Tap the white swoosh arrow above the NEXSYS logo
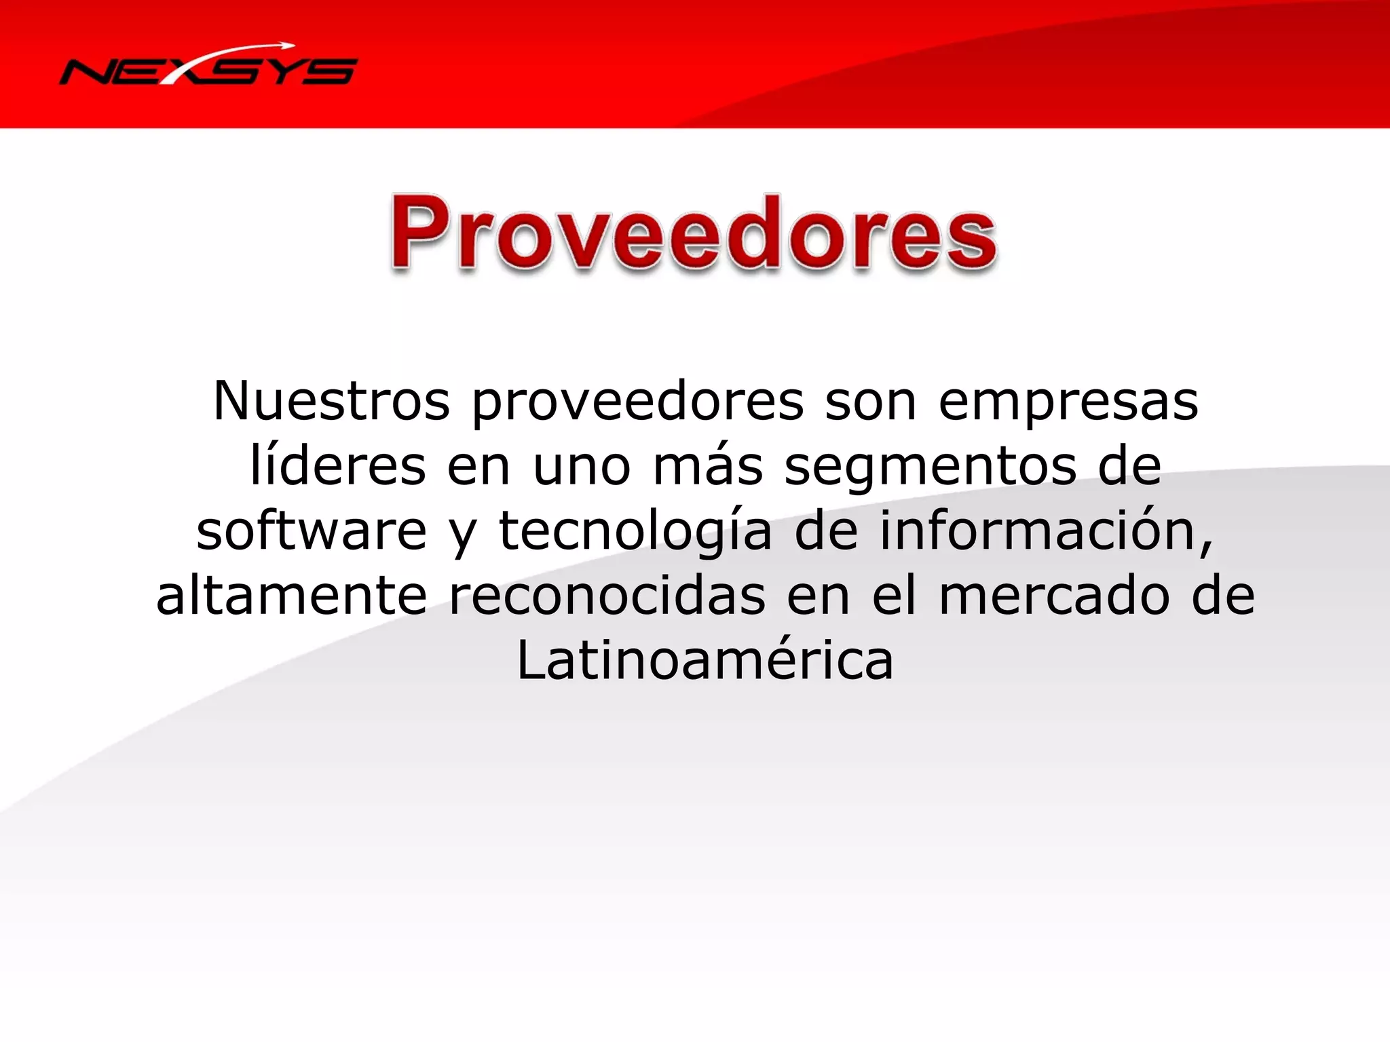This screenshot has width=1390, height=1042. (x=231, y=52)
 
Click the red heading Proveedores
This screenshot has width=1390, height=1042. (x=694, y=233)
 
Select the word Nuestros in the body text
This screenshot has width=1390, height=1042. (x=331, y=401)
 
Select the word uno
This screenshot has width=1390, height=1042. (x=582, y=467)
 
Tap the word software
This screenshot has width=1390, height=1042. (x=312, y=530)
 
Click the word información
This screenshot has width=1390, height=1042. (x=1046, y=530)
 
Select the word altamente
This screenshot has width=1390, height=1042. (x=292, y=596)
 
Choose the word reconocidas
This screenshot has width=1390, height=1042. (x=607, y=596)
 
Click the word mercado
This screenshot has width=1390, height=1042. (x=1054, y=596)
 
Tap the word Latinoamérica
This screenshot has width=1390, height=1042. (x=705, y=660)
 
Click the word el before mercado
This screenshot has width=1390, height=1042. (x=893, y=595)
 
